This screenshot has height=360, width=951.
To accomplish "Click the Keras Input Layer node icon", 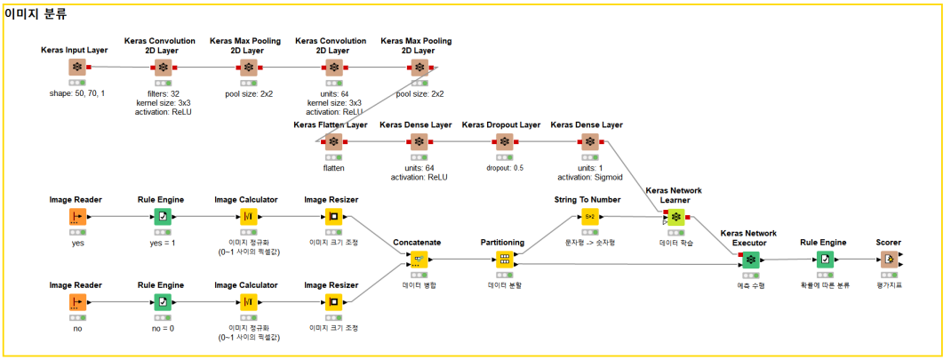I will click(x=77, y=67).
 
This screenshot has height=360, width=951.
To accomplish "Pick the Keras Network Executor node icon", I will click(x=751, y=260).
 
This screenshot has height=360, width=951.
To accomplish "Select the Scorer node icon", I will click(x=888, y=260).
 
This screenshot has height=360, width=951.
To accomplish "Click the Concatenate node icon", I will click(x=419, y=260).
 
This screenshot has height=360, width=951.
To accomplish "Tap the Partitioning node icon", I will click(x=504, y=260).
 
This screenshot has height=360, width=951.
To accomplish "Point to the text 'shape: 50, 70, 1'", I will click(x=77, y=93).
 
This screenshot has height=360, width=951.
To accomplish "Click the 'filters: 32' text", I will click(x=163, y=93).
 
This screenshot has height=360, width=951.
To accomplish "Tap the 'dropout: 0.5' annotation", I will click(x=504, y=167).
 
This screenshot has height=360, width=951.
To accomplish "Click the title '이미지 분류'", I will click(x=36, y=14).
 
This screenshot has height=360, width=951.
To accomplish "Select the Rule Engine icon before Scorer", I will click(x=826, y=260).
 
